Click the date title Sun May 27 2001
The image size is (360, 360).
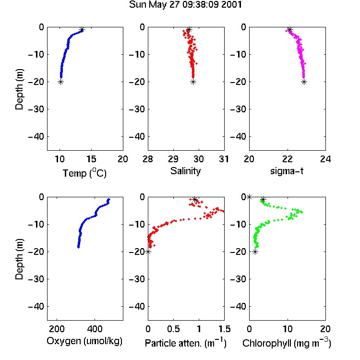(x=185, y=5)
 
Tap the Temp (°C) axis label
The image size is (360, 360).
(x=84, y=173)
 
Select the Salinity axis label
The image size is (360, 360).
(x=185, y=171)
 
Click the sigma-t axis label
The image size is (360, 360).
(x=287, y=171)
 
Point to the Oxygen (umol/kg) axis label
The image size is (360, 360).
(x=84, y=341)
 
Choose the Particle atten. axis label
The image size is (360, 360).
(x=185, y=343)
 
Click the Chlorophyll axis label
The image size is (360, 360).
(x=287, y=343)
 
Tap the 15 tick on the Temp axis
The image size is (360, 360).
(x=91, y=159)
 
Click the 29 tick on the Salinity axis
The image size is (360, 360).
(x=173, y=159)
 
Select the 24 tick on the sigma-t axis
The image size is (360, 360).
(x=325, y=159)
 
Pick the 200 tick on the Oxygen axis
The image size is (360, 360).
(x=57, y=329)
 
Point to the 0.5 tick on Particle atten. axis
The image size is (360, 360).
(x=173, y=329)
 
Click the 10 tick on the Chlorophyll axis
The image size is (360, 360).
(x=287, y=329)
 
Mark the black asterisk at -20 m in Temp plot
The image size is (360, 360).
(x=60, y=82)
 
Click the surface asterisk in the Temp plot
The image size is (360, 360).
(x=82, y=29)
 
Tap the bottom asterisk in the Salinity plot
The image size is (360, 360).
(x=193, y=82)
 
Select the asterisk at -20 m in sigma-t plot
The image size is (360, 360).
(x=304, y=82)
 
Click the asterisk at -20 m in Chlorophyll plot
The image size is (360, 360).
(x=255, y=252)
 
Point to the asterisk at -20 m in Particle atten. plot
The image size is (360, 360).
(x=148, y=252)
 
